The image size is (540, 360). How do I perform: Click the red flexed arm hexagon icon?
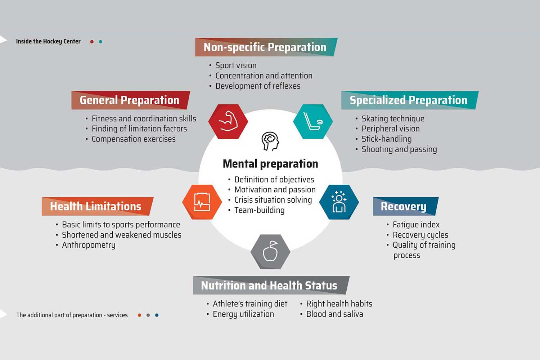point(228,122)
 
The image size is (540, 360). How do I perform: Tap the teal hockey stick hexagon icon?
point(313,122)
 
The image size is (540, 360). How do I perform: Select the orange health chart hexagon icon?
point(202,202)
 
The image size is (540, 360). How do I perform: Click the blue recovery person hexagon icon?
point(339,202)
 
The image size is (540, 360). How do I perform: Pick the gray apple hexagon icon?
point(270,252)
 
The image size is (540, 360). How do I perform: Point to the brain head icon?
point(270,141)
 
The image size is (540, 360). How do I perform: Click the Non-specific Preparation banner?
point(266,47)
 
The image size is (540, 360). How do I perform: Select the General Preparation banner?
point(130,100)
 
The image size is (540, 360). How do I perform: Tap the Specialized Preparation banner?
point(410,100)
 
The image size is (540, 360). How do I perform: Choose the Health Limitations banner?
point(98,206)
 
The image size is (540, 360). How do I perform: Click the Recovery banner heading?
point(406,206)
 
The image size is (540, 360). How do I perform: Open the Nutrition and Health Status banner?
point(271,285)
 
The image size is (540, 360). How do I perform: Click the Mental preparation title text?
point(270,164)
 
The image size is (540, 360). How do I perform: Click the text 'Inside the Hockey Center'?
point(48,41)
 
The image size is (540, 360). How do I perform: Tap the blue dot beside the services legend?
point(157,315)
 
